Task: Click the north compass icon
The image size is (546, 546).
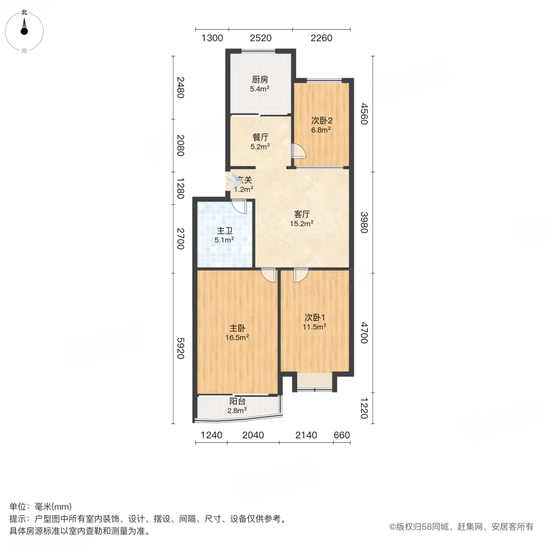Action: [x=24, y=28]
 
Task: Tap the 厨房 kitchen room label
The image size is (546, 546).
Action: [x=260, y=79]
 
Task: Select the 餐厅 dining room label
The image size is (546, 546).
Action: [x=260, y=137]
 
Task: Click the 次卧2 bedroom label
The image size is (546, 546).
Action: [x=321, y=120]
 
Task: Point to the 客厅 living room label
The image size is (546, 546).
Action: [x=302, y=214]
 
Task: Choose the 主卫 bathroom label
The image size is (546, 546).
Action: [x=225, y=231]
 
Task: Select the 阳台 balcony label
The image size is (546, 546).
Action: [x=237, y=401]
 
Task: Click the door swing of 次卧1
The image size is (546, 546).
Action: [x=299, y=275]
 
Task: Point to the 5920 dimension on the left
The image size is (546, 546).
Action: [x=180, y=348]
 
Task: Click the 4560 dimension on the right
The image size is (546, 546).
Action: [x=364, y=114]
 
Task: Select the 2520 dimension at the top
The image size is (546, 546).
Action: [x=260, y=38]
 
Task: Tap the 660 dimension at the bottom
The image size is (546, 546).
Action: [x=342, y=435]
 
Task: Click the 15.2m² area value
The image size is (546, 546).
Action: [x=302, y=223]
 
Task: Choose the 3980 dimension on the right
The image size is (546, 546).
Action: [x=363, y=221]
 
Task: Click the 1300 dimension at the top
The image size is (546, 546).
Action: [x=212, y=38]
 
